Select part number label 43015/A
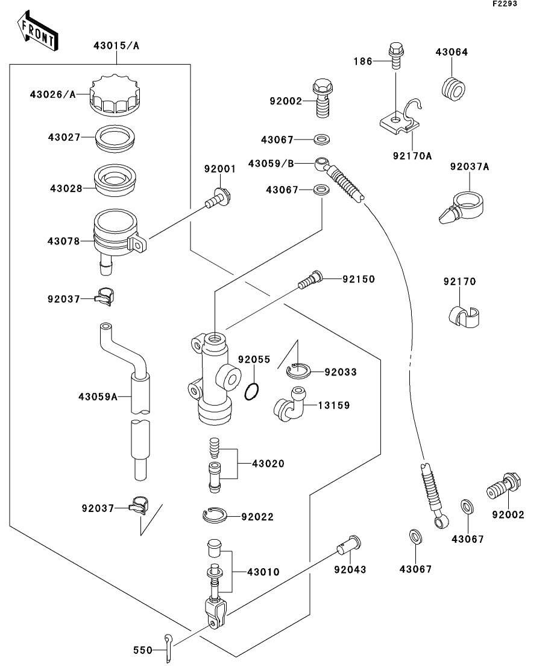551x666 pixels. pyautogui.click(x=116, y=45)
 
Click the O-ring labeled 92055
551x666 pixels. pyautogui.click(x=253, y=392)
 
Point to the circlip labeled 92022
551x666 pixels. pyautogui.click(x=214, y=515)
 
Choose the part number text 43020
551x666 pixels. pyautogui.click(x=268, y=464)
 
